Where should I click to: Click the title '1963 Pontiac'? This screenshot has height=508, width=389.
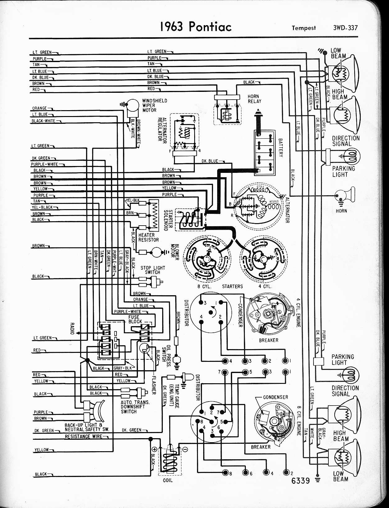196,27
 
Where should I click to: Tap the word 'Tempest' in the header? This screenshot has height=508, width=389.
304,28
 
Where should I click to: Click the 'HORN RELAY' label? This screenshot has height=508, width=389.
254,99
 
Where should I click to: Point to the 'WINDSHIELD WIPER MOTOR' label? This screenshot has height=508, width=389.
154,105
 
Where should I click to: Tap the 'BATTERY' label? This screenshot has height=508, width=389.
280,148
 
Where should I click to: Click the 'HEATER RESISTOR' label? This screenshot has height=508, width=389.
148,237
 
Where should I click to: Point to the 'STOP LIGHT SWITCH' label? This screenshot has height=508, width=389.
153,270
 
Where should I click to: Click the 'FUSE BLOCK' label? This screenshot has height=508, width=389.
135,319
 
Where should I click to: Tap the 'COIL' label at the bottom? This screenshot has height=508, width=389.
167,480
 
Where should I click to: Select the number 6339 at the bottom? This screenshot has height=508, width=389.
301,481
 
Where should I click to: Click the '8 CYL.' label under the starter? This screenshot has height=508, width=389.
204,286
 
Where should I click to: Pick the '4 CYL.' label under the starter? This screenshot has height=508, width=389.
265,286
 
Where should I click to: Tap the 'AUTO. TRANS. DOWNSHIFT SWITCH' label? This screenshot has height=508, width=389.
135,407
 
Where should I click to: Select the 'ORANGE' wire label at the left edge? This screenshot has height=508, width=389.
39,108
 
